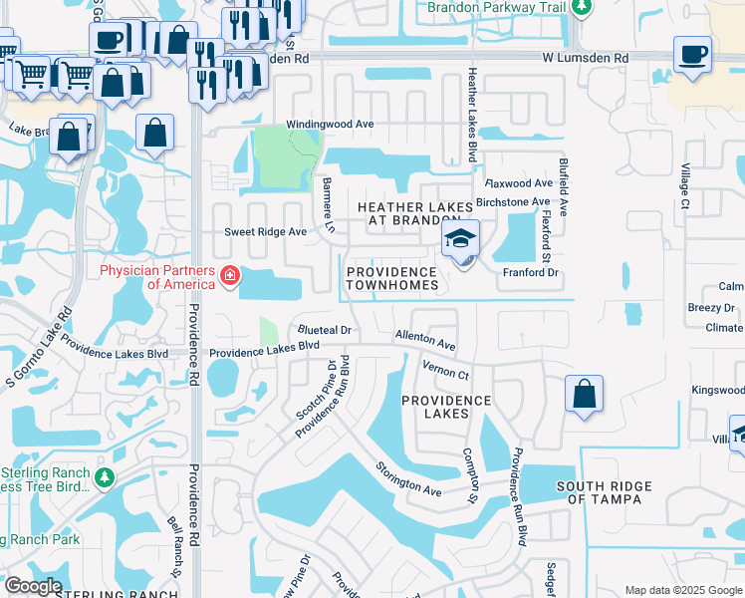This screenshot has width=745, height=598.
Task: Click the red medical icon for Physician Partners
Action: (230, 275)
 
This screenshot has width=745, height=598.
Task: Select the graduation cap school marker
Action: (461, 240)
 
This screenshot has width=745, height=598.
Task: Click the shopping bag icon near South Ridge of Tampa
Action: (584, 394)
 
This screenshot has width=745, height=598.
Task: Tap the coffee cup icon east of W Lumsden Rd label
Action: (692, 54)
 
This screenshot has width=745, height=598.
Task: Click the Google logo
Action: (32, 586)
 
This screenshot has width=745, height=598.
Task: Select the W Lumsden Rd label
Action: (586, 59)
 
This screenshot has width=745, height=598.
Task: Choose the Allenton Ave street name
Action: (425, 341)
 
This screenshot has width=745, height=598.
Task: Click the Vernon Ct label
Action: (444, 370)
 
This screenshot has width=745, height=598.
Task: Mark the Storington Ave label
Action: (407, 478)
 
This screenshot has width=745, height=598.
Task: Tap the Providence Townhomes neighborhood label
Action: (391, 279)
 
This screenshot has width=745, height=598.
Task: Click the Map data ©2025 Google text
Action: (681, 590)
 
